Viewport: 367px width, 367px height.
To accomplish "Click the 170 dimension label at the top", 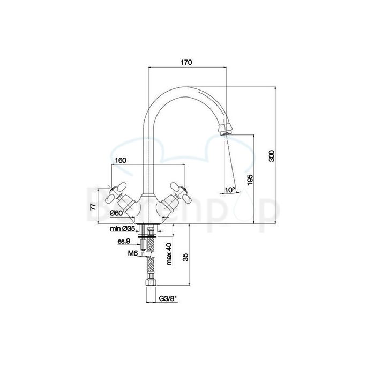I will pos(186,63).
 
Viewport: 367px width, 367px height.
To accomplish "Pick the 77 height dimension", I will pos(92,206).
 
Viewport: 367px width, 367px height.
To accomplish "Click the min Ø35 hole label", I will pos(123,229).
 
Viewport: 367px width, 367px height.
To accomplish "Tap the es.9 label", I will pos(124,241).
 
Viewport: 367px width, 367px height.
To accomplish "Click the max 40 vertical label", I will pos(169,253).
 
